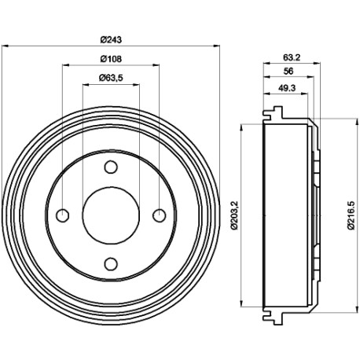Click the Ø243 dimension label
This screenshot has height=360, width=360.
coord(111,40)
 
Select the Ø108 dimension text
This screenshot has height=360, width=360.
coord(111,59)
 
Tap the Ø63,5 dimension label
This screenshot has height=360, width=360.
coord(111,78)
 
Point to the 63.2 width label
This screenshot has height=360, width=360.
coord(292,57)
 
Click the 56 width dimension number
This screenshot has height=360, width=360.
coord(288,72)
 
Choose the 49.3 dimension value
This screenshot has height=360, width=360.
coord(287,88)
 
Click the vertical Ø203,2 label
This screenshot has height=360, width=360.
coord(234,215)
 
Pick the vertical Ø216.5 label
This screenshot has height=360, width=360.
coord(351,215)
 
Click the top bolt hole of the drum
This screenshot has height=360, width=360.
coord(111,167)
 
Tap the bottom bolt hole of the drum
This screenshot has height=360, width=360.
coord(111,264)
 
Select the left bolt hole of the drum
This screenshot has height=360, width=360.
coord(63,215)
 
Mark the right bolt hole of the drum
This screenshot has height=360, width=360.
coord(160,215)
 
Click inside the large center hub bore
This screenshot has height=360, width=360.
coord(111,215)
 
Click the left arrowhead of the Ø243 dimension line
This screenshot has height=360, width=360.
coord(5,46)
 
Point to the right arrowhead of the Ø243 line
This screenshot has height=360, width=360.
coord(216,46)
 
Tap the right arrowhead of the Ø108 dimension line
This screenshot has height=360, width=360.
coord(156,65)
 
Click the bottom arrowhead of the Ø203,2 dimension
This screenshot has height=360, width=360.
coord(241,303)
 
